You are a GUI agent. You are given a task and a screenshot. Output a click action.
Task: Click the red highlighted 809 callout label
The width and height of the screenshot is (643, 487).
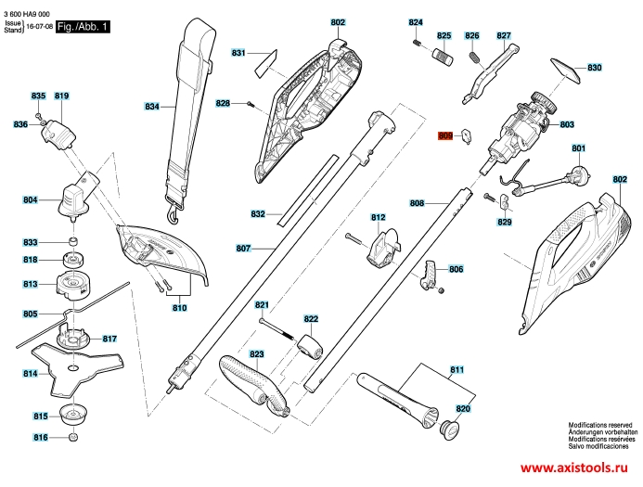[x=445, y=135]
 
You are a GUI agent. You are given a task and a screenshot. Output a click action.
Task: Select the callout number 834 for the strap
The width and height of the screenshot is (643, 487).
[x=152, y=107]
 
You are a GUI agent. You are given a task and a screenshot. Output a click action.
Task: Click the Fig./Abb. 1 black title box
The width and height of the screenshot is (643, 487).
[x=83, y=27]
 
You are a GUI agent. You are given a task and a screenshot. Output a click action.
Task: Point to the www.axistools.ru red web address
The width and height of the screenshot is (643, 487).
[x=574, y=468]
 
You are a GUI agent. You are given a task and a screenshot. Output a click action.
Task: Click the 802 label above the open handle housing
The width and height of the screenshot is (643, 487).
[x=338, y=22]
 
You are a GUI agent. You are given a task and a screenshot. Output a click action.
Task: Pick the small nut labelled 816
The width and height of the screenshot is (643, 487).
[x=73, y=437]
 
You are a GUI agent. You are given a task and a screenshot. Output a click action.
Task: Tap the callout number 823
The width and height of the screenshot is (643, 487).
[x=257, y=354]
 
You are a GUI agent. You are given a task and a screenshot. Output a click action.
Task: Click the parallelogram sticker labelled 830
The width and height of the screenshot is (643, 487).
[x=565, y=71]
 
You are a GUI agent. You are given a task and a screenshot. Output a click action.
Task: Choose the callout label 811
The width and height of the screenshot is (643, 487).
[x=457, y=370]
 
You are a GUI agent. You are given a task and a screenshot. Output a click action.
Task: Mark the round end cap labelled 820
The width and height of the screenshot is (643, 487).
[x=449, y=429]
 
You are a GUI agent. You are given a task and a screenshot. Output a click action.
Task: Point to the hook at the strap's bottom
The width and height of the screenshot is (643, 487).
[x=174, y=214]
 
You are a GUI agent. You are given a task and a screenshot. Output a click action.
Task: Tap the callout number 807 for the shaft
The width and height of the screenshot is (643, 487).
[x=243, y=249]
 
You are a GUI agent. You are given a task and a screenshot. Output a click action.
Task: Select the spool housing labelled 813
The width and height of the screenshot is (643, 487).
[x=73, y=285]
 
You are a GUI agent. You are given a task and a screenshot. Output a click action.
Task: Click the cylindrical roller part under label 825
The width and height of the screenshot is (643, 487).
[x=444, y=57]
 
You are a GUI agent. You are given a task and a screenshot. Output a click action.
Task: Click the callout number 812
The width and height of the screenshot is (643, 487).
[x=378, y=217]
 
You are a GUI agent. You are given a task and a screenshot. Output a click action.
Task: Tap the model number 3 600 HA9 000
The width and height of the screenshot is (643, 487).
[x=27, y=14]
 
